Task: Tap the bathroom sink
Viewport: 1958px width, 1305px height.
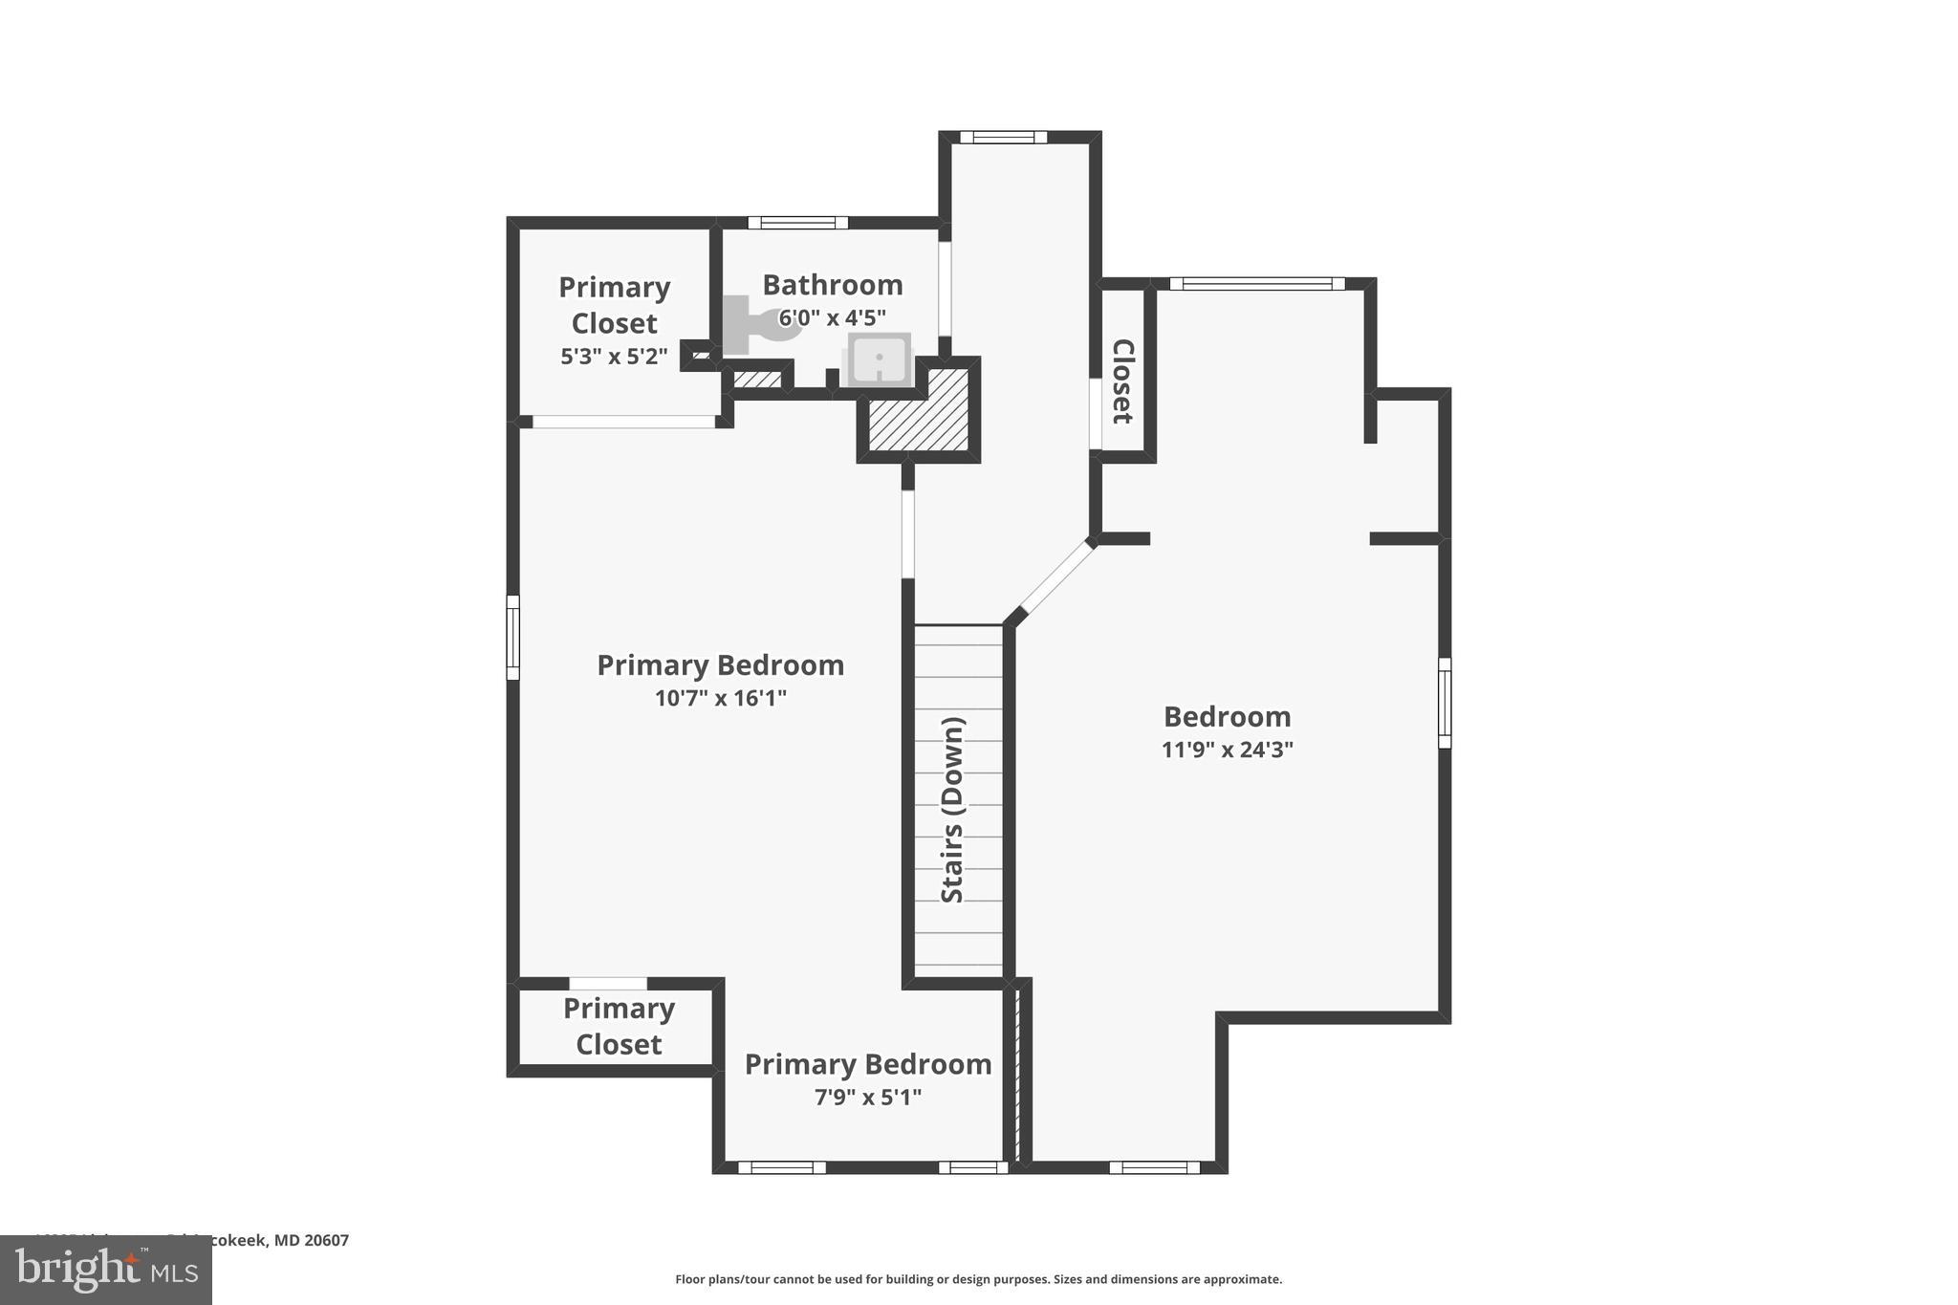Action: (879, 359)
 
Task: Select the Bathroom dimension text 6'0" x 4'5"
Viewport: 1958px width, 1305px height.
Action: (832, 317)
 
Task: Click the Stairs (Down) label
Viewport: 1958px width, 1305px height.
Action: (953, 809)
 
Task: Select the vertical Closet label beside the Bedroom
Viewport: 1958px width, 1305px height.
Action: (1122, 381)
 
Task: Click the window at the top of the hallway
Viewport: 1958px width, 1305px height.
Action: (1003, 138)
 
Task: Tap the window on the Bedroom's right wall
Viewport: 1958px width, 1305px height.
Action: (1445, 703)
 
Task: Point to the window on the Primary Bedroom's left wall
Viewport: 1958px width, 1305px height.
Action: (512, 637)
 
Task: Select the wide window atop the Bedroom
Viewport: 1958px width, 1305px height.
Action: (1256, 284)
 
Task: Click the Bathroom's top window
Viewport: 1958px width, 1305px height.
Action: (797, 223)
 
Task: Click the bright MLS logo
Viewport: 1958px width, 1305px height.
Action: (106, 1270)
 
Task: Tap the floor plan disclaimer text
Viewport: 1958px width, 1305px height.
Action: (978, 1279)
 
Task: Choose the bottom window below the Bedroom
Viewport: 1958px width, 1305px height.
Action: (1154, 1167)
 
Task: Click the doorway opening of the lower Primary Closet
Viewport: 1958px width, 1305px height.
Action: (608, 984)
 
